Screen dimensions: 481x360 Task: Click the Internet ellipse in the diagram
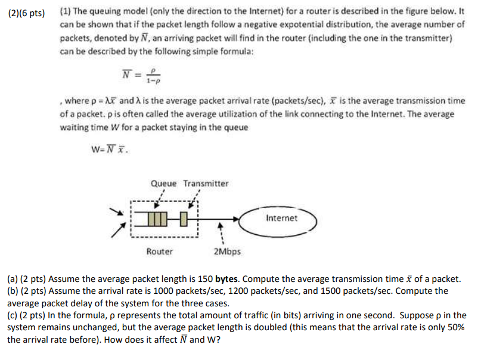tap(282, 218)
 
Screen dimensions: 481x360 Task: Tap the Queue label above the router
tap(163, 183)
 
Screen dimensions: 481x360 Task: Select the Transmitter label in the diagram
tap(206, 183)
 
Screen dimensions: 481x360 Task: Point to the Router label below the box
tap(160, 252)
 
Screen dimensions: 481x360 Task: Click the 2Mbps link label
tap(226, 252)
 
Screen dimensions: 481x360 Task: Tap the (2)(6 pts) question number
tap(26, 12)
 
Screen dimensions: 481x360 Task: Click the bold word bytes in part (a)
tap(228, 279)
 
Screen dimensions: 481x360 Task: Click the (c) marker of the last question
tap(13, 315)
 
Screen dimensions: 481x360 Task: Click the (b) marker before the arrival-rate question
tap(13, 291)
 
